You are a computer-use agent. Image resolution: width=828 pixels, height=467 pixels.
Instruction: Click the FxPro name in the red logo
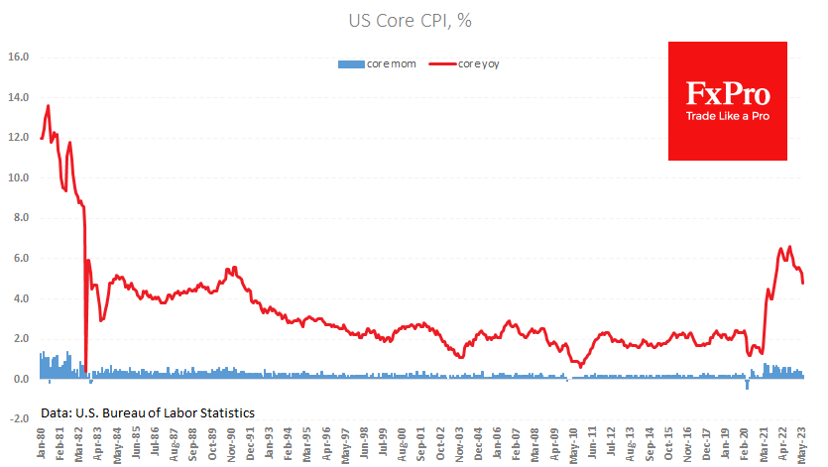[x=727, y=94]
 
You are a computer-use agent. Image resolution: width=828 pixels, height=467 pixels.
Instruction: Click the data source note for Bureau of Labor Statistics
[x=148, y=411]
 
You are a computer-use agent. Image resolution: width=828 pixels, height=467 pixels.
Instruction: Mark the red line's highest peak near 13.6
[x=48, y=106]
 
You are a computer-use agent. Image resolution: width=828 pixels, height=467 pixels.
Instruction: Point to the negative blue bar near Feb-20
[x=747, y=385]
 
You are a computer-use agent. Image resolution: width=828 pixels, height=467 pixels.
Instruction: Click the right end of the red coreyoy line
[x=803, y=284]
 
